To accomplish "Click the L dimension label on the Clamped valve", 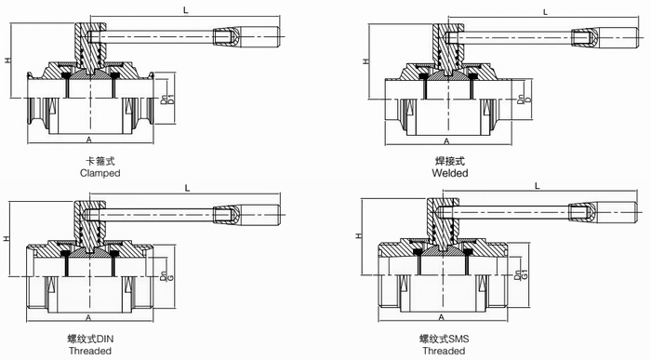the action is [186, 10].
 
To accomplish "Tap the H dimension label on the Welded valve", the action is [366, 61].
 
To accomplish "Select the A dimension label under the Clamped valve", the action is [89, 140].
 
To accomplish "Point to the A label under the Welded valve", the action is [446, 141].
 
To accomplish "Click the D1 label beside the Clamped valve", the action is [170, 100].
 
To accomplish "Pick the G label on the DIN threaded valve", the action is [170, 277].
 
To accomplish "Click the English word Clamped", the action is [100, 173].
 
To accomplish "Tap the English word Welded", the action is [449, 173].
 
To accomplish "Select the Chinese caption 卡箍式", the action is [100, 161].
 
